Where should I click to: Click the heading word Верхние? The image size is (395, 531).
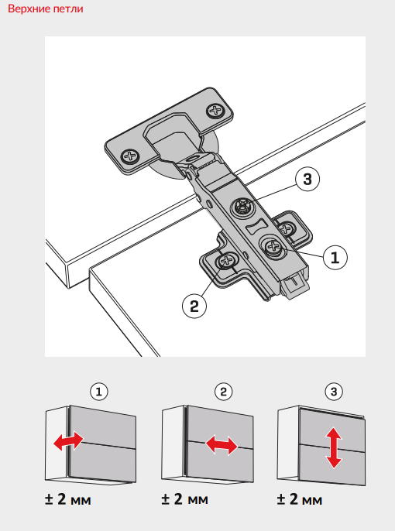(29, 9)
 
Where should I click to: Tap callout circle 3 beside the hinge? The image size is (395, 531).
(307, 179)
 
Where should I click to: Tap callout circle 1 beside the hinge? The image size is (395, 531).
(335, 257)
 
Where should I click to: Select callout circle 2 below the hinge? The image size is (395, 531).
(194, 307)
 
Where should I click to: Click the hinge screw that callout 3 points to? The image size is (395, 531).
(243, 207)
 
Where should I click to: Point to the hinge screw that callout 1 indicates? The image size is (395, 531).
(273, 246)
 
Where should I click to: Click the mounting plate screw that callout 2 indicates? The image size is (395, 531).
(225, 260)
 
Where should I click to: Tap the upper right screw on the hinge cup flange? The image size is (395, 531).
(215, 111)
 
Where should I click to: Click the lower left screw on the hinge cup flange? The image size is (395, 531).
(130, 156)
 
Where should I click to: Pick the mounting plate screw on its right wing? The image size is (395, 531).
(287, 228)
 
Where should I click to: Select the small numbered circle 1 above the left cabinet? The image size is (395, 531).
(99, 392)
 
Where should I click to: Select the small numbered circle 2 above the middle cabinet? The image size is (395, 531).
(223, 392)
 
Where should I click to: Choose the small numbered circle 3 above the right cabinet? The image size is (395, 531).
(334, 392)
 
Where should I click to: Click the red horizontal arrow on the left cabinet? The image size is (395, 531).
(68, 441)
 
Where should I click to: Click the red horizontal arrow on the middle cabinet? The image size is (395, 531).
(222, 445)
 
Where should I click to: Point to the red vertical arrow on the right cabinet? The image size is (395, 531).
(334, 447)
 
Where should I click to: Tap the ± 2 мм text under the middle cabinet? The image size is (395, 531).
(185, 499)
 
